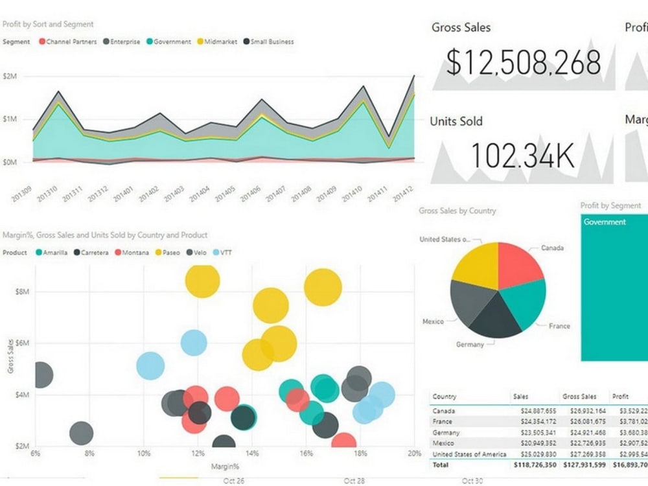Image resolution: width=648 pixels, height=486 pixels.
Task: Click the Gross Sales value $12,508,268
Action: click(523, 63)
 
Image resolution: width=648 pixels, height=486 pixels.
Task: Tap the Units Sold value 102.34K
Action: click(522, 156)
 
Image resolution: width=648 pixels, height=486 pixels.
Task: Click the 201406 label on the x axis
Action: click(250, 193)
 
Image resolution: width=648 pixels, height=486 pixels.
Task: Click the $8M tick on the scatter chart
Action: click(22, 292)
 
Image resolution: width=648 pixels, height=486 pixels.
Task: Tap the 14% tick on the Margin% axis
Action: click(252, 453)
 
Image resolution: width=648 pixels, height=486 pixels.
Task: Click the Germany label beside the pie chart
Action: click(470, 344)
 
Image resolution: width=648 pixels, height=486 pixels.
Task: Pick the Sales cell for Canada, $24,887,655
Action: click(534, 411)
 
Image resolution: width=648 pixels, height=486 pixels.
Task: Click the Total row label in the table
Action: click(441, 465)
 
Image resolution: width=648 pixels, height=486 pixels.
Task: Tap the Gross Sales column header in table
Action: click(579, 396)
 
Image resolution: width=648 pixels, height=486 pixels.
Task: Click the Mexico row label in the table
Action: click(443, 443)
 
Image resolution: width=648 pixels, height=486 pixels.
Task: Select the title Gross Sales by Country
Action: click(457, 211)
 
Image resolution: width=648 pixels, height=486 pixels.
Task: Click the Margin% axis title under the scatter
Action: click(225, 466)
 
